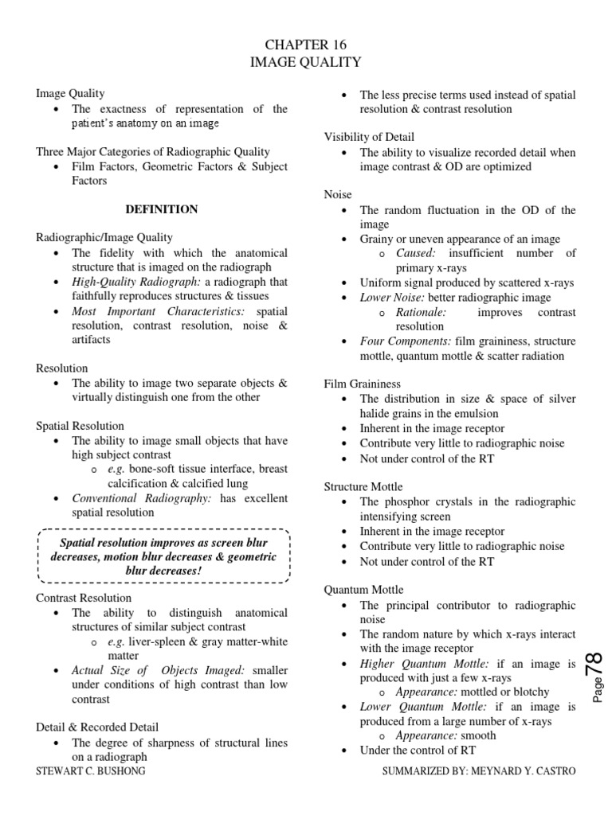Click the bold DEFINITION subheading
coord(162,209)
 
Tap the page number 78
coord(593,665)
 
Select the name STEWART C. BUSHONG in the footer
coord(91,771)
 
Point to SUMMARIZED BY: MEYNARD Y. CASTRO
coord(479,771)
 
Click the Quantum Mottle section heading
coord(363,590)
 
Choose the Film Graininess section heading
coord(363,384)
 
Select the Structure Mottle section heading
coord(363,486)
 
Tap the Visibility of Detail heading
coord(369,136)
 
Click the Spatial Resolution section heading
coord(80,426)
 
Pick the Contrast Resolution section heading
coord(84,598)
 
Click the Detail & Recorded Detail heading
coord(97,727)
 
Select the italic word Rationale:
coord(422,312)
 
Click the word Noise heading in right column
coord(338,194)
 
